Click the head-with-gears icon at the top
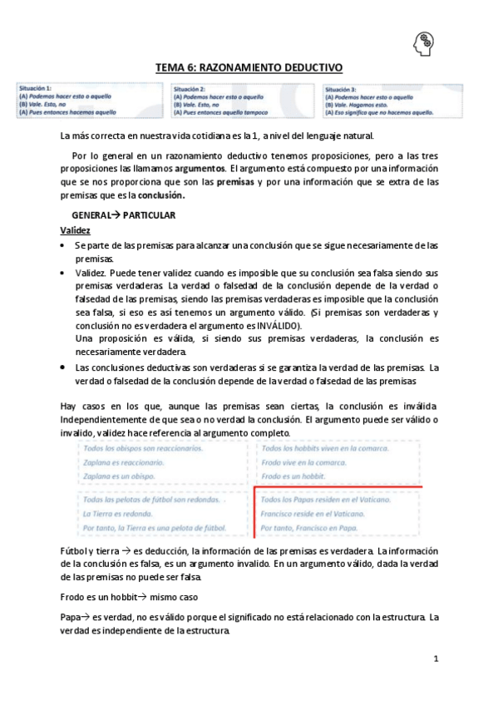[x=424, y=42]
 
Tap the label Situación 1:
[x=36, y=88]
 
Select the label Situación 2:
[x=190, y=88]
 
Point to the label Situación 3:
[x=341, y=88]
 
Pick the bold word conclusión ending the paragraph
[x=160, y=195]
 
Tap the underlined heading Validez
[x=76, y=229]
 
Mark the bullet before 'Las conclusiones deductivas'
[x=65, y=367]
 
